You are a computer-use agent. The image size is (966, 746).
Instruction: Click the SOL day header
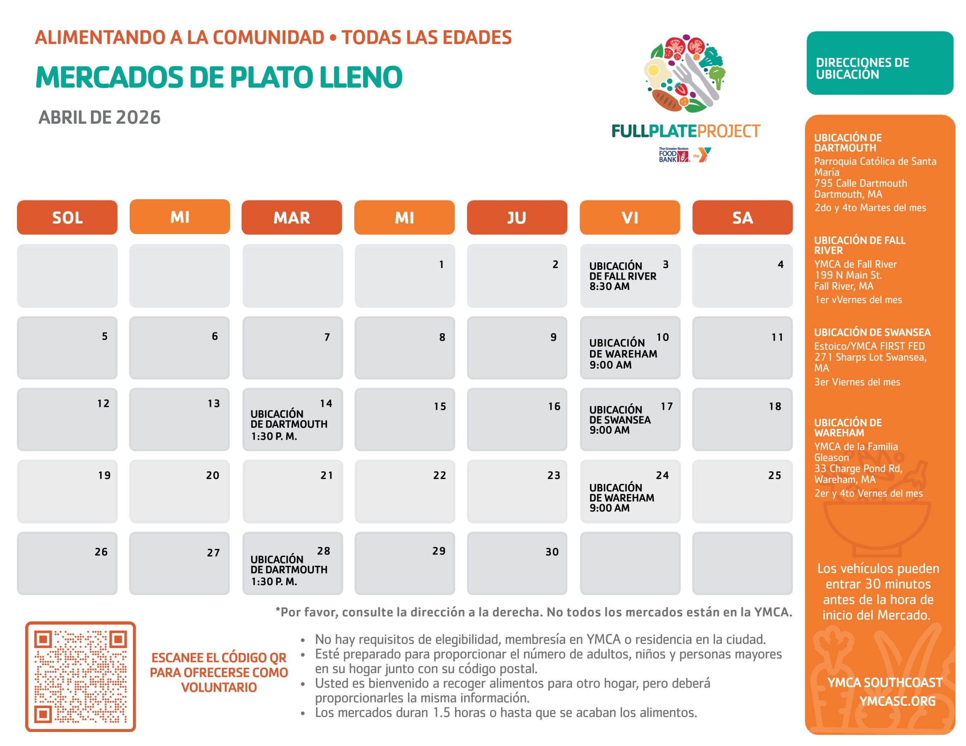click(x=67, y=218)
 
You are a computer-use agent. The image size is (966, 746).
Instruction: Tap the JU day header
click(x=517, y=218)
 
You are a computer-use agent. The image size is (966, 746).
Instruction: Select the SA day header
click(x=742, y=218)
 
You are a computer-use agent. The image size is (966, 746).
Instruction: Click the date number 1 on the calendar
click(x=441, y=264)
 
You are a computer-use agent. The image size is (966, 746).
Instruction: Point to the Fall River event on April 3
click(x=622, y=276)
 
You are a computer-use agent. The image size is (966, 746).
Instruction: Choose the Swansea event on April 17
click(x=620, y=420)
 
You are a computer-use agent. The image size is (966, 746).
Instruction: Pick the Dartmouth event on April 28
click(x=289, y=570)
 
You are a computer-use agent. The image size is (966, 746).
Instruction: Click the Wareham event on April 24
click(x=621, y=498)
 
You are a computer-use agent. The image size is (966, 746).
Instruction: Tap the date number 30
click(x=552, y=551)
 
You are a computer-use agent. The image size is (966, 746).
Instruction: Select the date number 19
click(x=105, y=475)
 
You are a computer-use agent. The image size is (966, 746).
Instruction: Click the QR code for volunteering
click(x=80, y=676)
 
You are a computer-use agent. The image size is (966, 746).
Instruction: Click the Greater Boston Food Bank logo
click(x=674, y=155)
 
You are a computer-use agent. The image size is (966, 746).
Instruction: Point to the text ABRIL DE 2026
click(x=100, y=118)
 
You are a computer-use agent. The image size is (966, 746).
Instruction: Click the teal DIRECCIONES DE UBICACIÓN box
click(x=879, y=63)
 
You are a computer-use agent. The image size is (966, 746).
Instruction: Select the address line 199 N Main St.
click(x=848, y=275)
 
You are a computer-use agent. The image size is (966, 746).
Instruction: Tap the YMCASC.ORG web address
click(x=897, y=701)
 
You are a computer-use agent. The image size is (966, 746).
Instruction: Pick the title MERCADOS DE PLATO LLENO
click(x=219, y=77)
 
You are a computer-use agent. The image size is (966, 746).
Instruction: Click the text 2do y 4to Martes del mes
click(x=870, y=208)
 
